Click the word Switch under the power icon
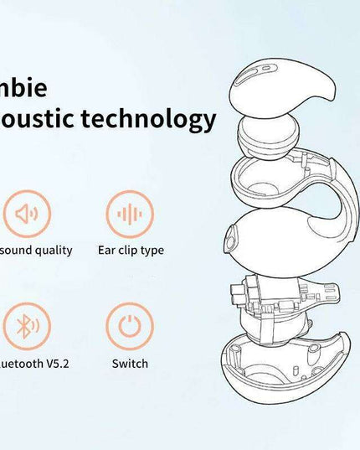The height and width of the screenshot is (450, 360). click(x=130, y=364)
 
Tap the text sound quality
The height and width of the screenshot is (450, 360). click(x=35, y=250)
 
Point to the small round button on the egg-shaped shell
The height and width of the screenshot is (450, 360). click(x=229, y=242)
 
